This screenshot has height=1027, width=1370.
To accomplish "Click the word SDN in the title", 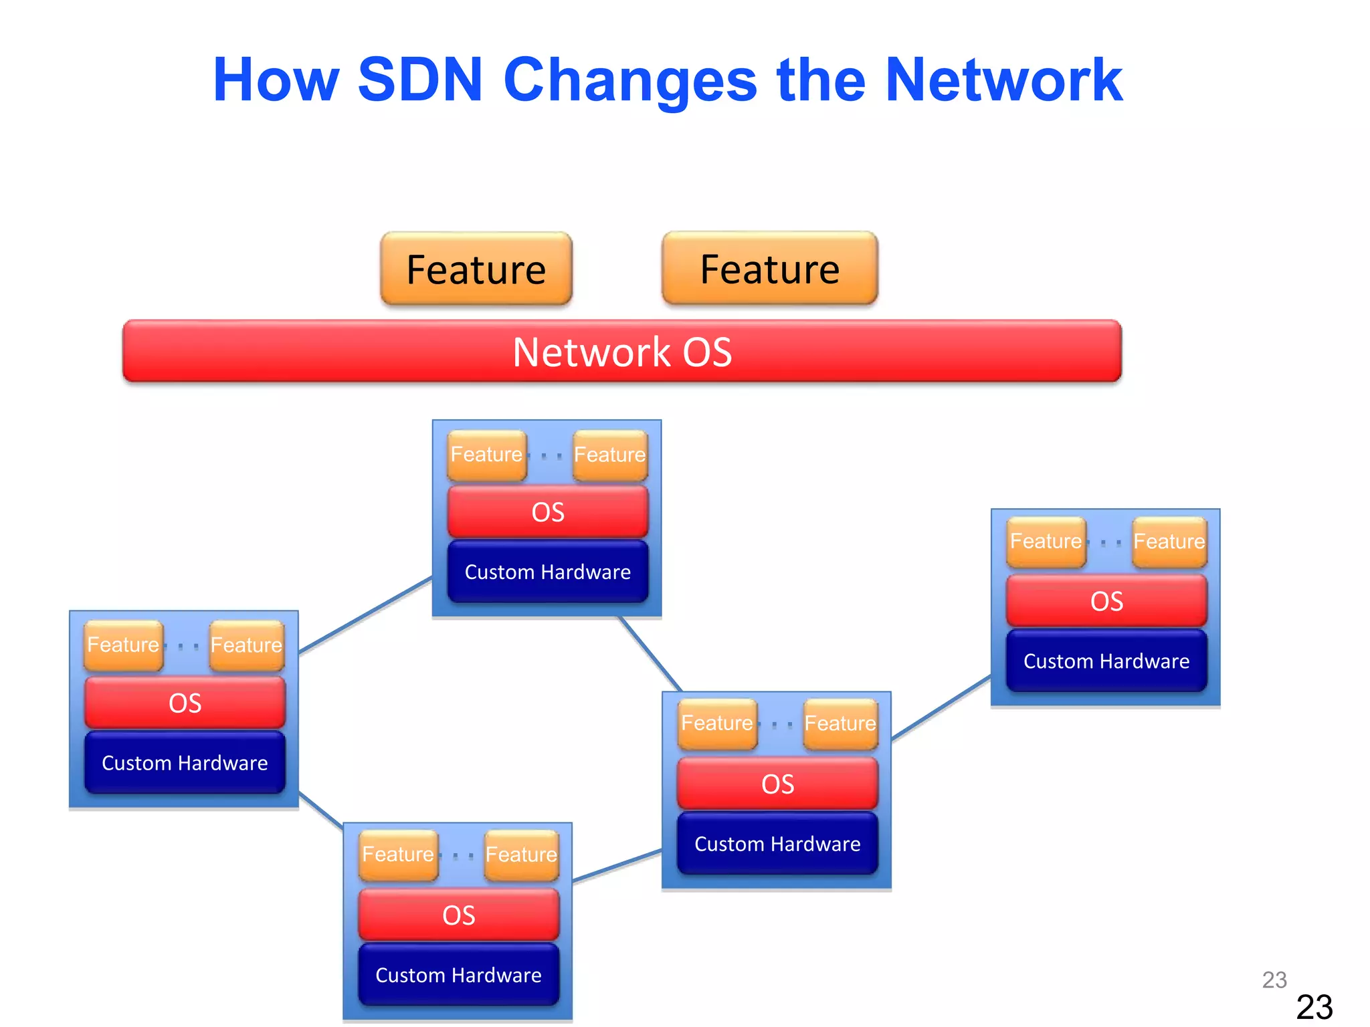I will pyautogui.click(x=420, y=80).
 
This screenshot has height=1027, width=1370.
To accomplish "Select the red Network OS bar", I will pyautogui.click(x=622, y=352).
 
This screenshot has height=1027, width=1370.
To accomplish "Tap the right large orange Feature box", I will pyautogui.click(x=770, y=269).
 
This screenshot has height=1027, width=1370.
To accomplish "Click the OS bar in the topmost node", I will pyautogui.click(x=548, y=512).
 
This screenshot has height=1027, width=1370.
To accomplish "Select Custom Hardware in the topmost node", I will pyautogui.click(x=548, y=572).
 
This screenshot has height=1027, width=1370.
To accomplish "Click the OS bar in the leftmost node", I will pyautogui.click(x=185, y=703).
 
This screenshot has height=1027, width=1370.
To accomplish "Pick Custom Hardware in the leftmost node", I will pyautogui.click(x=185, y=763).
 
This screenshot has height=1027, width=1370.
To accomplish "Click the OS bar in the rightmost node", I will pyautogui.click(x=1106, y=601).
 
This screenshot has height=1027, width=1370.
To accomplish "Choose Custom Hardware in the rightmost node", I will pyautogui.click(x=1106, y=661).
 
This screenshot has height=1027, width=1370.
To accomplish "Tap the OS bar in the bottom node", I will pyautogui.click(x=459, y=915).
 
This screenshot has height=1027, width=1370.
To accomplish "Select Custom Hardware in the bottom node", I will pyautogui.click(x=459, y=975).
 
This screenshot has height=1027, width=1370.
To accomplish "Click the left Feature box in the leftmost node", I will pyautogui.click(x=124, y=645).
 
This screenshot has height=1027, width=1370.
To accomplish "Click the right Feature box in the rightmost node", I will pyautogui.click(x=1169, y=542).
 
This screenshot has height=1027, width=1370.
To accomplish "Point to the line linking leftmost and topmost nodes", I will pyautogui.click(x=365, y=615).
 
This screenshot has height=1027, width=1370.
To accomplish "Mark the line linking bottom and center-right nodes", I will pyautogui.click(x=617, y=867).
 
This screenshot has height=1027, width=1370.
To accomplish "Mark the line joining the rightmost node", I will pyautogui.click(x=941, y=708).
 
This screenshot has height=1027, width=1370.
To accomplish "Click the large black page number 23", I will pyautogui.click(x=1314, y=1007).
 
